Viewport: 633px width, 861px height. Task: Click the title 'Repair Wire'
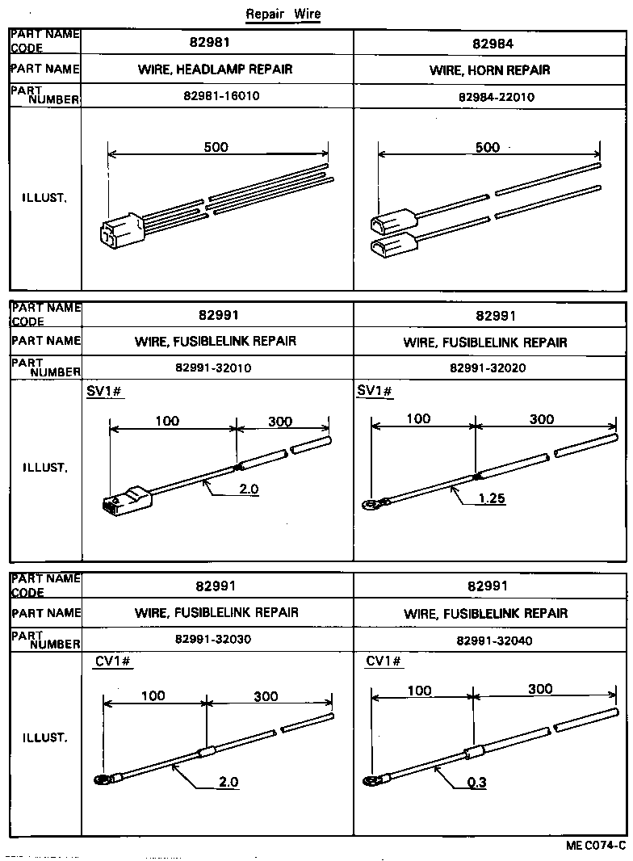[282, 15]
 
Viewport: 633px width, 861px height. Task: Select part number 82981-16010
[217, 96]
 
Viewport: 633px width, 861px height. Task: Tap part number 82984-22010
[490, 97]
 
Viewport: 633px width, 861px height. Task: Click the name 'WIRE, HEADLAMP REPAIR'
[216, 69]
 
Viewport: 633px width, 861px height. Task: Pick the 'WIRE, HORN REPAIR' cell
[490, 70]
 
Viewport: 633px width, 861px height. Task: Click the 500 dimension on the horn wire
[488, 147]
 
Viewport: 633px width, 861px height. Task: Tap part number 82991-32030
[213, 640]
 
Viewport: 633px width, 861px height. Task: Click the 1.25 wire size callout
[491, 498]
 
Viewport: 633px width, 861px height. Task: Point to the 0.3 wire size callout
[476, 782]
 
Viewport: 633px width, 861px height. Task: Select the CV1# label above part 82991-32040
[384, 661]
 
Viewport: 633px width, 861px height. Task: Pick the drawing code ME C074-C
[596, 846]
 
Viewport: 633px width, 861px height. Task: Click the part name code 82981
[216, 43]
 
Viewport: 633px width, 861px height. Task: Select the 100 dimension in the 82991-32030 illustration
[153, 695]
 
